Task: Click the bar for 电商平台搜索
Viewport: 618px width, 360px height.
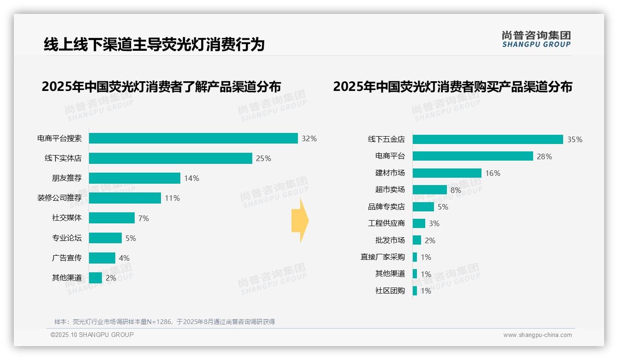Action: tap(193, 138)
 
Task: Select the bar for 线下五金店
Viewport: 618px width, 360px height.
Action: tap(487, 139)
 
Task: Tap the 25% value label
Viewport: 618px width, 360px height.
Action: tap(263, 158)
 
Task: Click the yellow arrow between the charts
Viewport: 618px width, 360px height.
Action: tap(300, 221)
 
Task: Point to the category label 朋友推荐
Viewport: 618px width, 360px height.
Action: tap(67, 178)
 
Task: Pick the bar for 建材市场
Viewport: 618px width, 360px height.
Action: tap(447, 173)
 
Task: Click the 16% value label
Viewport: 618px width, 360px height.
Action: tap(493, 173)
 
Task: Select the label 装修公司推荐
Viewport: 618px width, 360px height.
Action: tap(59, 198)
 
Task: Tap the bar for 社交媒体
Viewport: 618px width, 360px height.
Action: tap(112, 218)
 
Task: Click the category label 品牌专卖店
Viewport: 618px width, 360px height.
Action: tap(386, 207)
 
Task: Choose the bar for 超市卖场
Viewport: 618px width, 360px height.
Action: tap(429, 190)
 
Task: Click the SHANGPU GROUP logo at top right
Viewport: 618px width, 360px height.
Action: tap(536, 39)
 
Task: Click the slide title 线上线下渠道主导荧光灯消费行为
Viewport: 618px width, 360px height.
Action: tap(154, 44)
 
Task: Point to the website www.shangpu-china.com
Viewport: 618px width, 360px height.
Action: tap(537, 335)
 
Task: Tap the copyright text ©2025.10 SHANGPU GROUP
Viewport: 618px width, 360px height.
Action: tap(92, 335)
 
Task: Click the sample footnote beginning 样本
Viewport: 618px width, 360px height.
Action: tap(165, 322)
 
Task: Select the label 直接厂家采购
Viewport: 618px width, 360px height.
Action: tap(382, 257)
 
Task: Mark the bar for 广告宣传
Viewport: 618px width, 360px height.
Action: tap(102, 258)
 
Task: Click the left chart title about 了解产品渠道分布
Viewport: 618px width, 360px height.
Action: tap(161, 87)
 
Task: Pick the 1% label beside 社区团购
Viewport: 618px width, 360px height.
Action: tap(426, 291)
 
